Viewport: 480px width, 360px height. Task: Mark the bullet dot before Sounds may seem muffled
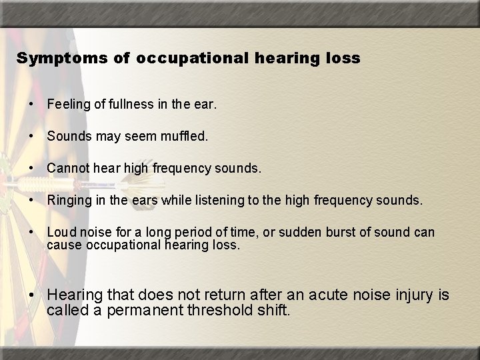click(x=31, y=137)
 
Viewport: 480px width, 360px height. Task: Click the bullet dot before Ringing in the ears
click(x=31, y=201)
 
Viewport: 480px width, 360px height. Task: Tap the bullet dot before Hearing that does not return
click(x=32, y=295)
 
